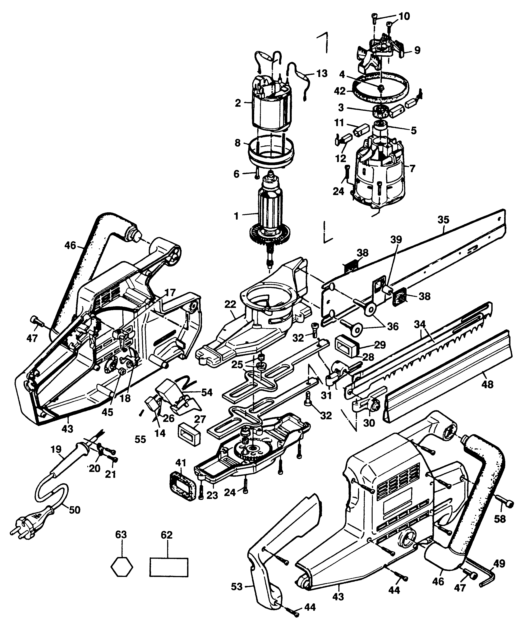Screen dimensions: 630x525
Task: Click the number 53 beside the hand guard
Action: click(237, 595)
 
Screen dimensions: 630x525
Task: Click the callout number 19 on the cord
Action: click(56, 449)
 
